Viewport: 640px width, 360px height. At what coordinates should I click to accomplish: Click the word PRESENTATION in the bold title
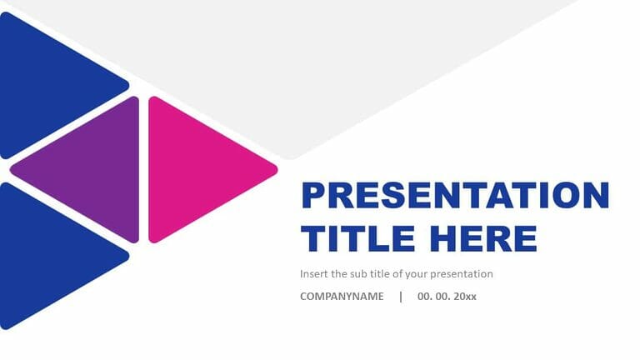tap(455, 196)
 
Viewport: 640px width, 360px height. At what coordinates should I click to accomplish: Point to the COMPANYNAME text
tap(342, 297)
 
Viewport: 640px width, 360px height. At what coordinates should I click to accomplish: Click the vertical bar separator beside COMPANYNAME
tap(400, 297)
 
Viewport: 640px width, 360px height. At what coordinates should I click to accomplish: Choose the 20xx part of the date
tap(464, 297)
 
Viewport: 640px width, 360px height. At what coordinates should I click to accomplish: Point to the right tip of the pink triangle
tap(276, 169)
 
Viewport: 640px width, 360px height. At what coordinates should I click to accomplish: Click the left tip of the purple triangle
tap(12, 170)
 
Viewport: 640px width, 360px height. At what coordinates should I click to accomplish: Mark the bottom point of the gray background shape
tap(290, 157)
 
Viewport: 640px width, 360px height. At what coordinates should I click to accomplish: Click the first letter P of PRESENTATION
tap(312, 196)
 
